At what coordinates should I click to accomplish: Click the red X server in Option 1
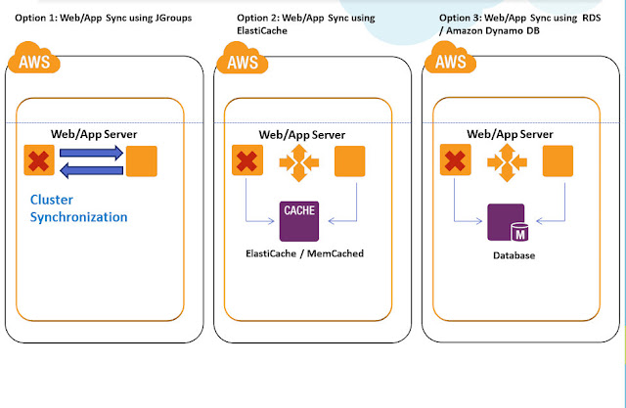point(39,159)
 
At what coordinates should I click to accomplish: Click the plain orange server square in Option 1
point(141,159)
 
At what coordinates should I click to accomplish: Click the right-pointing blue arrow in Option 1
point(89,152)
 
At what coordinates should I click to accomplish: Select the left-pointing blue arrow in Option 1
point(89,169)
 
